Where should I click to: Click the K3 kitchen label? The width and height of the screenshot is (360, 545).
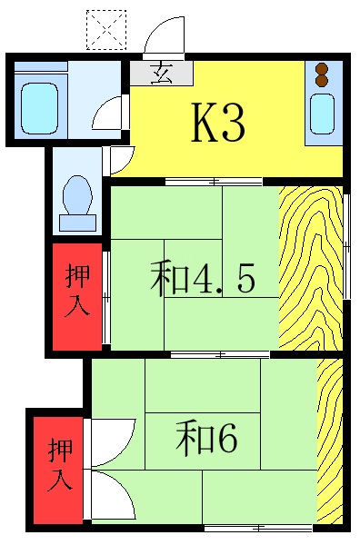[217, 124]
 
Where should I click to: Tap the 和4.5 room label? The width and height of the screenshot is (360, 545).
[201, 279]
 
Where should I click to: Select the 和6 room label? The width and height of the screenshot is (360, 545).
[206, 439]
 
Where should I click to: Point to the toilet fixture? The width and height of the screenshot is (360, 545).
[76, 193]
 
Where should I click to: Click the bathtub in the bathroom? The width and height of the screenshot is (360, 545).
[39, 107]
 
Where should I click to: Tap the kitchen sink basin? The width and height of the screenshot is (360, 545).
[323, 114]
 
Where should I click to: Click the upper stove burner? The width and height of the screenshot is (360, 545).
[321, 67]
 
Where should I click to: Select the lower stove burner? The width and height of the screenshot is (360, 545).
[321, 81]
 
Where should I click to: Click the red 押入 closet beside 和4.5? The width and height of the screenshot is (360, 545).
[75, 294]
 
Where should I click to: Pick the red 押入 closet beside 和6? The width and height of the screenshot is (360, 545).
[60, 464]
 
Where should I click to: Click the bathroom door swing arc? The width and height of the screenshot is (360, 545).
[106, 112]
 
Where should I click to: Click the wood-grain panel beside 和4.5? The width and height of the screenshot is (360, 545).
[310, 267]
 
